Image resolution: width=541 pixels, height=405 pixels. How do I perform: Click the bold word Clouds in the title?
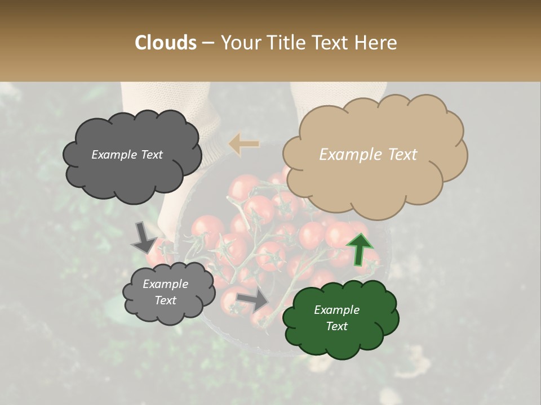click(x=165, y=43)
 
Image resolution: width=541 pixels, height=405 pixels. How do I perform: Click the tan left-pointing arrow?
click(x=244, y=144)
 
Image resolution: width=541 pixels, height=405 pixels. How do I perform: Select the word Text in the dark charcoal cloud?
click(x=150, y=155)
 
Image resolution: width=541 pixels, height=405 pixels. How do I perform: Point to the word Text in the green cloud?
click(x=336, y=326)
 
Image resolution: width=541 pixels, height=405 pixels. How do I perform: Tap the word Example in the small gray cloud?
click(x=165, y=284)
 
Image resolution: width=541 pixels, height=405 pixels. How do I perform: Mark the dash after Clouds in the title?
click(x=207, y=43)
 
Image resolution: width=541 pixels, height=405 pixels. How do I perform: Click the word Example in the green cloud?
click(x=336, y=310)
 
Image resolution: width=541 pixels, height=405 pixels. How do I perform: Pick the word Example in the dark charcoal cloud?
click(x=114, y=155)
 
